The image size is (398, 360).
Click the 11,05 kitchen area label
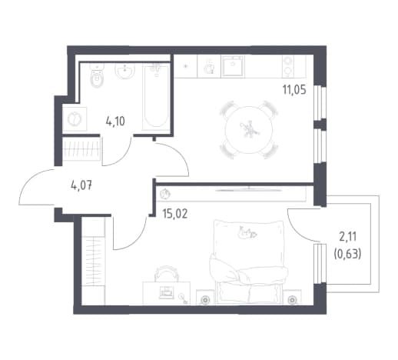[x=294, y=90]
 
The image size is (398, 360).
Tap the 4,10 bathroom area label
[x=115, y=121]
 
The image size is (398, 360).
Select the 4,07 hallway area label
[x=81, y=185]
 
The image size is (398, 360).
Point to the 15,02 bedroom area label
[x=175, y=214]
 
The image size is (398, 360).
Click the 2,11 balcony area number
[x=348, y=237]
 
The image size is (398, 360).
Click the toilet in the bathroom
[x=97, y=75]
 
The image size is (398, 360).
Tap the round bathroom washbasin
[x=124, y=71]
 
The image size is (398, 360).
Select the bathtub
[x=156, y=97]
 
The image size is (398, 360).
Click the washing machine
[x=75, y=119]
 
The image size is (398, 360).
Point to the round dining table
[x=249, y=130]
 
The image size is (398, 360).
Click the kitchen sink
[x=233, y=66]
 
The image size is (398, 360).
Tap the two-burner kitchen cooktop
[x=288, y=66]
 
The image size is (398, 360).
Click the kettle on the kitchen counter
[x=209, y=68]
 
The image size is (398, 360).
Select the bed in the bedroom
[x=249, y=262]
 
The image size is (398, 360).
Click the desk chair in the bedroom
[x=167, y=273]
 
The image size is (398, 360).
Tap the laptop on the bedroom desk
[x=167, y=292]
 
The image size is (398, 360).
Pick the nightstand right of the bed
[x=292, y=298]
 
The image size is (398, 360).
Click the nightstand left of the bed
[x=205, y=298]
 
